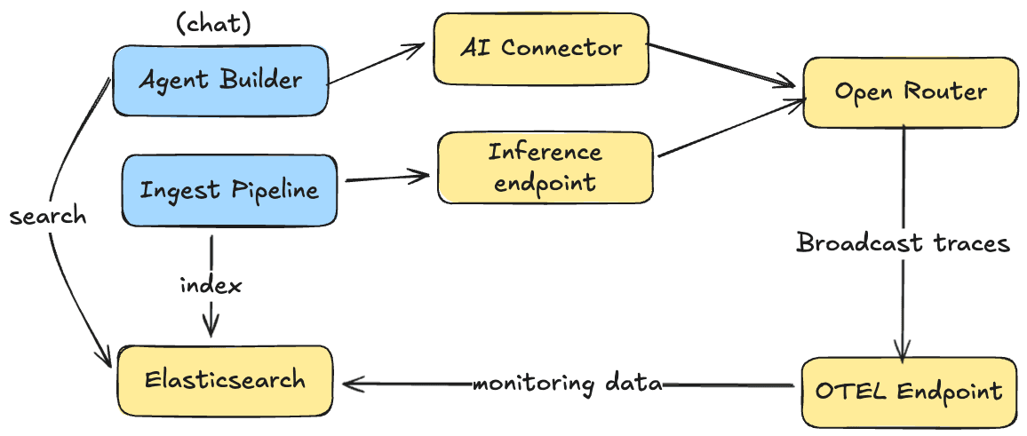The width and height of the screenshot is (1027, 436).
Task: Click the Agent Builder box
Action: click(220, 80)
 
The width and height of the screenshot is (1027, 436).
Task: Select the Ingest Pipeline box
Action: click(229, 190)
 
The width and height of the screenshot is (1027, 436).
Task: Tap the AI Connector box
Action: click(540, 49)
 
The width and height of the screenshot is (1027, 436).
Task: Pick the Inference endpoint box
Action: click(545, 166)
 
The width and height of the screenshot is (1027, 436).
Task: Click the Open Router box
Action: click(910, 91)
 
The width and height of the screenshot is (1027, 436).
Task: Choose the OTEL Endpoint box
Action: click(908, 391)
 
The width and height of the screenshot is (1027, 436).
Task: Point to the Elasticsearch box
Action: click(225, 381)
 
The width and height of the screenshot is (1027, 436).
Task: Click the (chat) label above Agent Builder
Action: click(214, 24)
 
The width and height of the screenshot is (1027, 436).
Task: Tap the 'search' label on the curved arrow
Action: click(48, 216)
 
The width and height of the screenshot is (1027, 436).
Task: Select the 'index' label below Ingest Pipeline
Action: click(211, 286)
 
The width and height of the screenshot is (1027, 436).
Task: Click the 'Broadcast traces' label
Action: click(903, 242)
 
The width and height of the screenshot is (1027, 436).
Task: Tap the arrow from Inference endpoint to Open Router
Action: click(728, 130)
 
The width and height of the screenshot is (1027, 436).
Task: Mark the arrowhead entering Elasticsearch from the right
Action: click(352, 384)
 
